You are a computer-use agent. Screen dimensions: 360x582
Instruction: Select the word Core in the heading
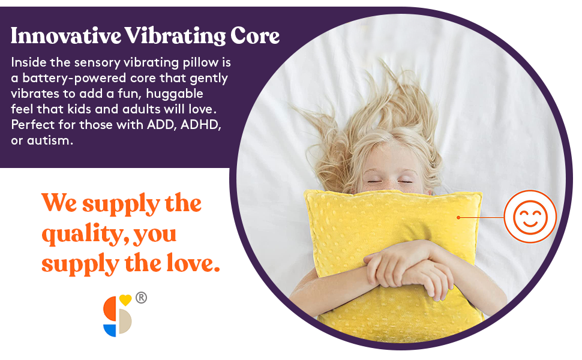pyautogui.click(x=254, y=36)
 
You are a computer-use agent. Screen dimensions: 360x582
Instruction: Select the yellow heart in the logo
pyautogui.click(x=125, y=299)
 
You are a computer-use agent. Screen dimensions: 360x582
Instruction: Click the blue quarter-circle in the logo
pyautogui.click(x=109, y=329)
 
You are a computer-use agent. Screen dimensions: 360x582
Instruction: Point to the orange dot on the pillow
pyautogui.click(x=458, y=217)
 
